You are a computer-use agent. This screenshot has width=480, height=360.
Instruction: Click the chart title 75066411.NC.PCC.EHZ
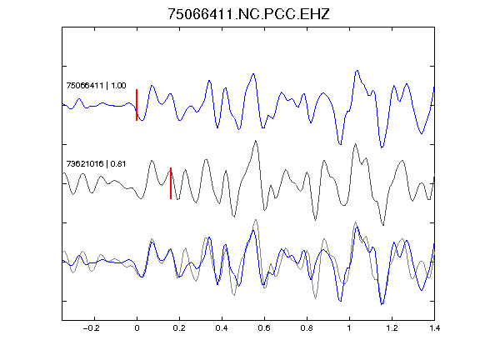point(248,14)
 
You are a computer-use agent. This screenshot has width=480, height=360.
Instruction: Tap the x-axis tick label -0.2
point(91,328)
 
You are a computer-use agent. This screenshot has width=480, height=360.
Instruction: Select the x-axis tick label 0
point(137,328)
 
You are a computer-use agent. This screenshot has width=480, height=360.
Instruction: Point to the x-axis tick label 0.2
point(179,328)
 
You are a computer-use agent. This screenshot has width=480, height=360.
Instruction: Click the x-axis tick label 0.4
point(222,328)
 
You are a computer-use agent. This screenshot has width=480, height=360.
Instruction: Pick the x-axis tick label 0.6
point(264,328)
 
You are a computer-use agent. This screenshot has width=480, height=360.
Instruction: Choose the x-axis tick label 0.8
point(307,328)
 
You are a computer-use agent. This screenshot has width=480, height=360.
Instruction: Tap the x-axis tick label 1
point(349,328)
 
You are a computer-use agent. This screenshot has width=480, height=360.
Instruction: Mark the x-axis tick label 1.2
point(392,328)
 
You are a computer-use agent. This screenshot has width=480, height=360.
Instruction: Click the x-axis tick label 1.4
point(434,328)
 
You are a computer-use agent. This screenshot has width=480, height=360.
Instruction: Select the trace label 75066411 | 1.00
point(96,85)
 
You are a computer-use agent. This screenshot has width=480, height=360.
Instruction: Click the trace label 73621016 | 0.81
point(96,164)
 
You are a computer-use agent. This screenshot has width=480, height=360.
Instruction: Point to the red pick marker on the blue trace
point(137,105)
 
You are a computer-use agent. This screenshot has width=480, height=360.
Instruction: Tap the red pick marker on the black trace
point(171,183)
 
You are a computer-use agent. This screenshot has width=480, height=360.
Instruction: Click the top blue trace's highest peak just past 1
point(357,71)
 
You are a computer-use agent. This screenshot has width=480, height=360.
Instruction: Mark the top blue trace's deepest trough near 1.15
point(382,147)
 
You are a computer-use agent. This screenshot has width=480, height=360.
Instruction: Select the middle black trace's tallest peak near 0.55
point(255,141)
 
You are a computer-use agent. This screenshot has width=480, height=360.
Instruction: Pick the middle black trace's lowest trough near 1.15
point(383,225)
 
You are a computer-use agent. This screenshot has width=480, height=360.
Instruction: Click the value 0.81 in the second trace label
point(118,164)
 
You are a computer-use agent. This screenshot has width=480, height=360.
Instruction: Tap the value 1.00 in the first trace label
point(118,85)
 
